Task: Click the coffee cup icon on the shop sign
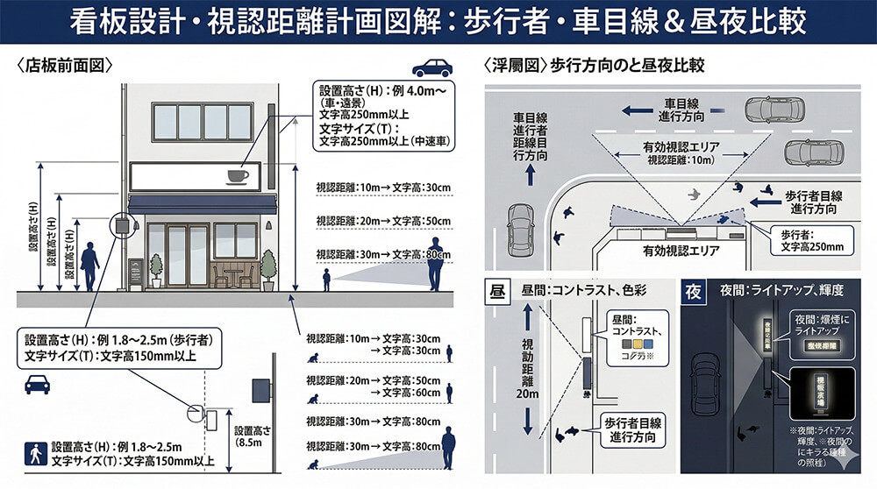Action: point(237,177)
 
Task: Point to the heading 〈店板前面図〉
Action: point(66,67)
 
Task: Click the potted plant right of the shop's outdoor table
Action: point(267,269)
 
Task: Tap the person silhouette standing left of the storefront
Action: point(89,267)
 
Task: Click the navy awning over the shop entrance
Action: point(203,204)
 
